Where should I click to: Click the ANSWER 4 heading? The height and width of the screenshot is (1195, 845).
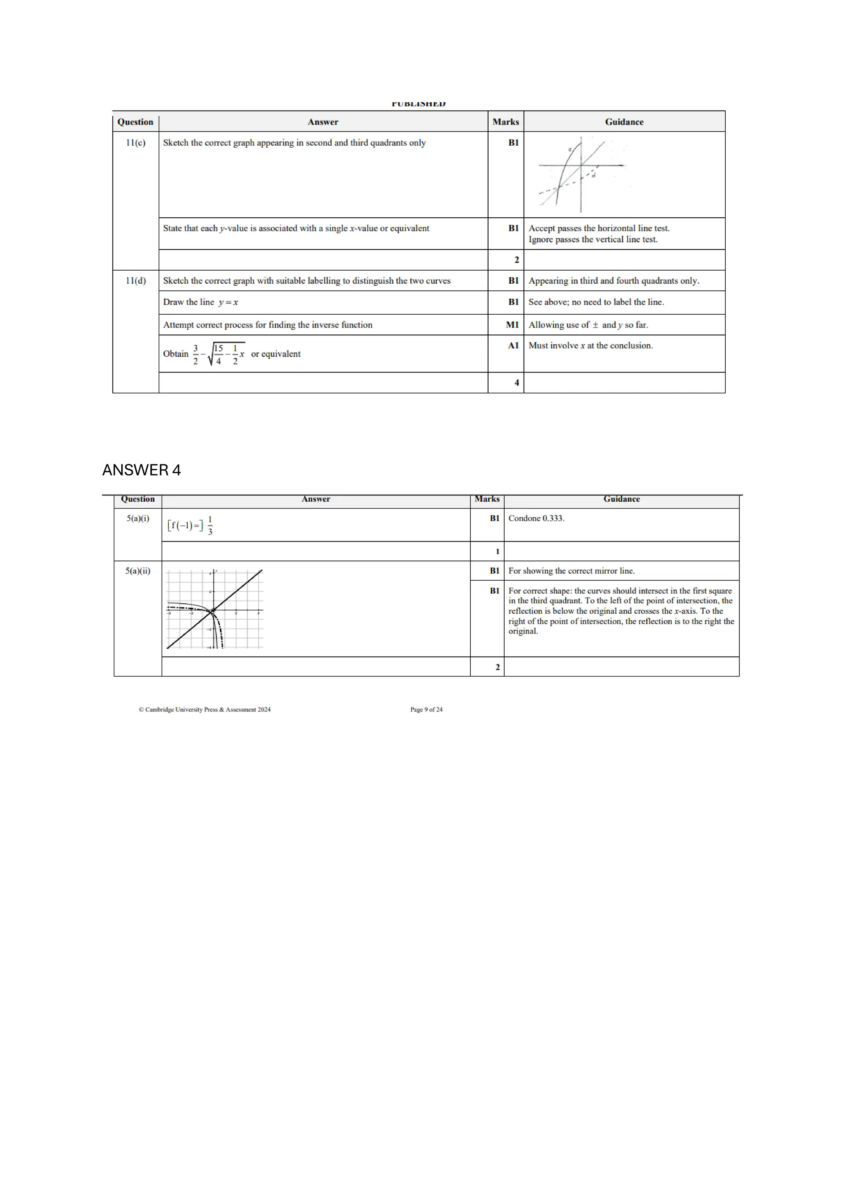click(x=141, y=470)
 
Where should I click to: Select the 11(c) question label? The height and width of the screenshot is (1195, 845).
click(x=135, y=143)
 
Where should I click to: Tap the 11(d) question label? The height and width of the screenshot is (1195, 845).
click(x=135, y=280)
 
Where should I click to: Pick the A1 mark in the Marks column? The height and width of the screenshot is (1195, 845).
click(x=513, y=346)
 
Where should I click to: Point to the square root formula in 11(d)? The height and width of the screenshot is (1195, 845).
click(x=219, y=354)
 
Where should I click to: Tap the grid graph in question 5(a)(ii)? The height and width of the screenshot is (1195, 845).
click(x=215, y=609)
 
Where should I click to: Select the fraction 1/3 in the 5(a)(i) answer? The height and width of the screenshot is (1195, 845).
click(x=210, y=526)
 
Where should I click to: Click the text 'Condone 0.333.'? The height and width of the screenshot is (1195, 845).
click(x=536, y=519)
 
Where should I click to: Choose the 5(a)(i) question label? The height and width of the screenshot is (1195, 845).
click(x=138, y=519)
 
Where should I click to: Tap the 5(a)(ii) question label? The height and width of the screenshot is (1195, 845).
click(x=138, y=571)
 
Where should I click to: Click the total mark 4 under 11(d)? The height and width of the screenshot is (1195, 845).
click(x=517, y=382)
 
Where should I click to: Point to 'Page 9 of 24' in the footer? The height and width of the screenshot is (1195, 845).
click(x=426, y=709)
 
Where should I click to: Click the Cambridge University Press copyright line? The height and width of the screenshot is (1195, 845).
click(x=205, y=709)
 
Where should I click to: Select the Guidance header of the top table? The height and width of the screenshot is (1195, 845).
click(x=624, y=122)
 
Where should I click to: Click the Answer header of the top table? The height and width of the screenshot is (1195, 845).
click(x=323, y=122)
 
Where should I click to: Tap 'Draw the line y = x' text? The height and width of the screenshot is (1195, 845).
click(x=201, y=302)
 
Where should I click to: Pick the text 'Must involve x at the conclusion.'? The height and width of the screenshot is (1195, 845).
click(x=590, y=346)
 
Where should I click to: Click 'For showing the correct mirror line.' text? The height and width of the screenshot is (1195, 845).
click(x=571, y=571)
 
